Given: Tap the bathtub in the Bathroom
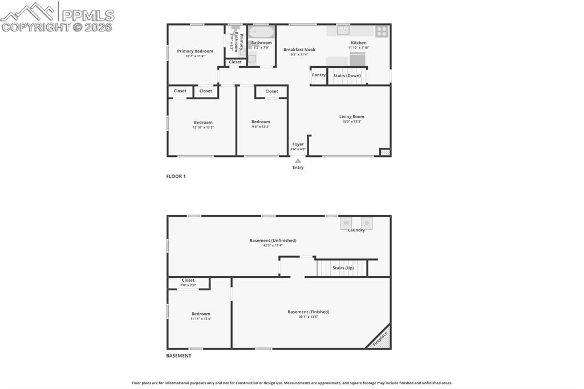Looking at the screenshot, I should click(262, 31).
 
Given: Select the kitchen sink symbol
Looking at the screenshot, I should click(343, 30).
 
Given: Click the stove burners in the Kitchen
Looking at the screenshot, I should click(382, 31).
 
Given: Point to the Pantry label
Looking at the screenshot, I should click(319, 75).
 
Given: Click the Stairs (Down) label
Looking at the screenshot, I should click(347, 75).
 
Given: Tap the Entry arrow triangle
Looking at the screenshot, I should click(298, 161).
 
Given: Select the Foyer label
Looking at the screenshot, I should click(298, 144).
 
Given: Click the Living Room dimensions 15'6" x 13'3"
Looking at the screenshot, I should click(351, 121).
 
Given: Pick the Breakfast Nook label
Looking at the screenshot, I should click(299, 50).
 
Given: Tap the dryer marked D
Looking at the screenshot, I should click(367, 223).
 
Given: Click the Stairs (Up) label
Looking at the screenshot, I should click(343, 268).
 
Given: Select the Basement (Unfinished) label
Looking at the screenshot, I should click(273, 240).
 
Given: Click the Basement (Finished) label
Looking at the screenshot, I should click(308, 311).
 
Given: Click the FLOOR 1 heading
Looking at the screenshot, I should click(176, 176).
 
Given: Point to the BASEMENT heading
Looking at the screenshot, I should click(179, 355).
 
